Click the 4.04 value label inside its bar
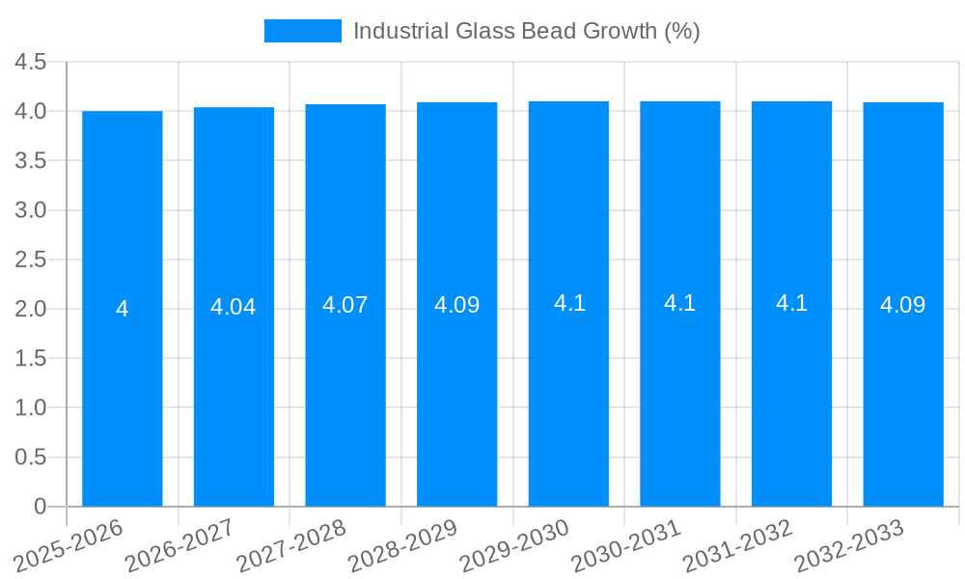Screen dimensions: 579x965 [234, 307]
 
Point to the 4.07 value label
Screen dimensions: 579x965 [345, 305]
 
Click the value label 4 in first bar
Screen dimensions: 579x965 [123, 309]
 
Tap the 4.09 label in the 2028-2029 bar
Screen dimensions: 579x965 [457, 305]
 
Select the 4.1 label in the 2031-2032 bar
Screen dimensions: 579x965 [791, 303]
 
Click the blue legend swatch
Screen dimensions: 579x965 [303, 31]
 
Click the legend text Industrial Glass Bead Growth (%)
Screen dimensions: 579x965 [526, 31]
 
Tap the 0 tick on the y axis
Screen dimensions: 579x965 [40, 507]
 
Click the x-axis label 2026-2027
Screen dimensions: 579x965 [181, 546]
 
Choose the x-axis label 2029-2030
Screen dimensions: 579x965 [516, 546]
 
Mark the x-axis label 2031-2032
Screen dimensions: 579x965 [739, 546]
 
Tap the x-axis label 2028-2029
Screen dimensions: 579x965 [404, 546]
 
